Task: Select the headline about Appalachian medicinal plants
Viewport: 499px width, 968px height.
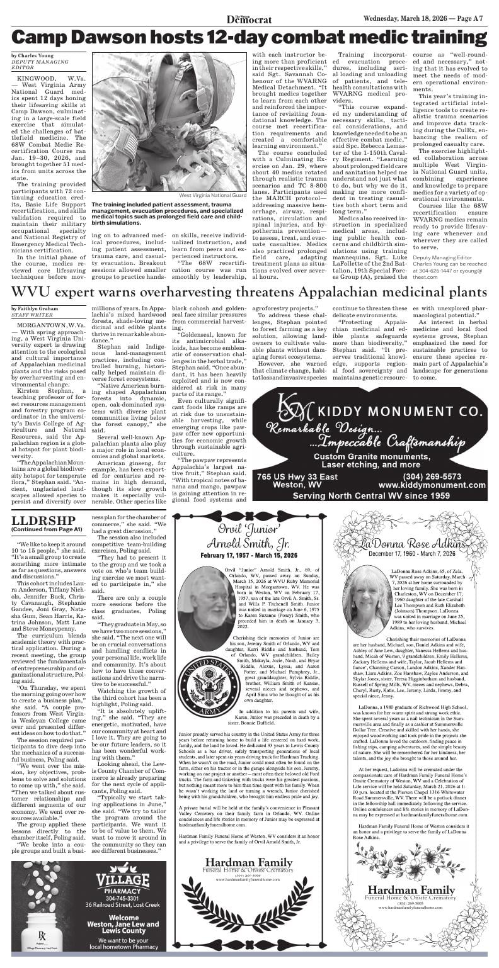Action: [x=249, y=292]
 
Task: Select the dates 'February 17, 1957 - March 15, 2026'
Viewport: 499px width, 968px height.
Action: [x=249, y=556]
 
